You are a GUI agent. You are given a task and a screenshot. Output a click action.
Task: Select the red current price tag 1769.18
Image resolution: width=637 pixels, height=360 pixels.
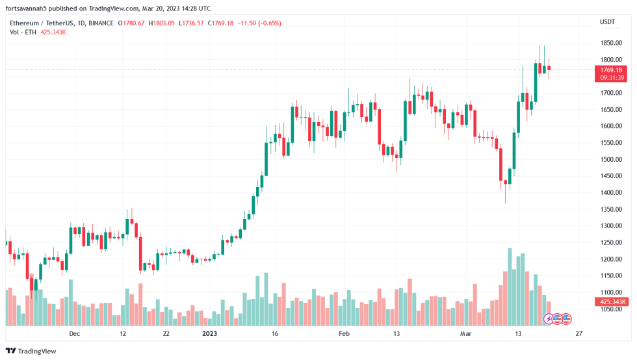coord(611,70)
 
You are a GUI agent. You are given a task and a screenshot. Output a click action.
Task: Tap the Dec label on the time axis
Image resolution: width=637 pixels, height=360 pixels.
coord(75,333)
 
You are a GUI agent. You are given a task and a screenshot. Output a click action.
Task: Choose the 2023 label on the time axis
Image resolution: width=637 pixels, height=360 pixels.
coord(209,333)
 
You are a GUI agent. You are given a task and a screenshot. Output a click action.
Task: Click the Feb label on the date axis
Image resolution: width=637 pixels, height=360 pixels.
coord(344,333)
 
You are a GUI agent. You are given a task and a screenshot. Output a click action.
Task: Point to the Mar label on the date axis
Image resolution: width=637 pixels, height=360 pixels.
coord(465,333)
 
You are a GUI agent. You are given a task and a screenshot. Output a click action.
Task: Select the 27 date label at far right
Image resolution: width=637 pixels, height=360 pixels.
coord(578,333)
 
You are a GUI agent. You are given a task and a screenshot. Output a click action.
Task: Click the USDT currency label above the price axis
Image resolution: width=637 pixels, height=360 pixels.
coord(607,22)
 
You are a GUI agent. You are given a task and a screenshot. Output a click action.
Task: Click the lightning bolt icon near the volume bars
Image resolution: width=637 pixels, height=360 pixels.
coord(549,318)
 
